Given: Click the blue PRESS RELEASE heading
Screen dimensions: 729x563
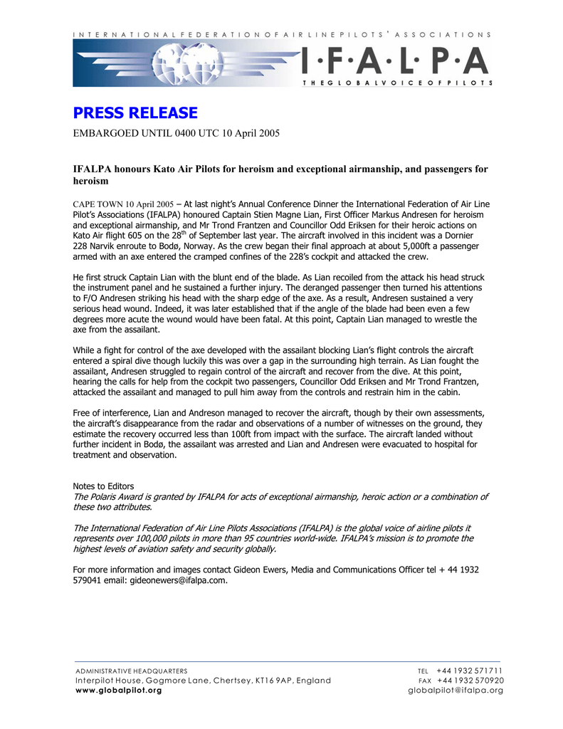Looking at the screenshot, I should coord(135,113).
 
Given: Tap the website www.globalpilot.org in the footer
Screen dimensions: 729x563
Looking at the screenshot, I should coord(118,690).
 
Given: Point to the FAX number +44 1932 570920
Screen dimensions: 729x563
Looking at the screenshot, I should coord(470,680).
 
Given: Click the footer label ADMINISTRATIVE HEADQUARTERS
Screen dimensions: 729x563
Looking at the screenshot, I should coord(132,671).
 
